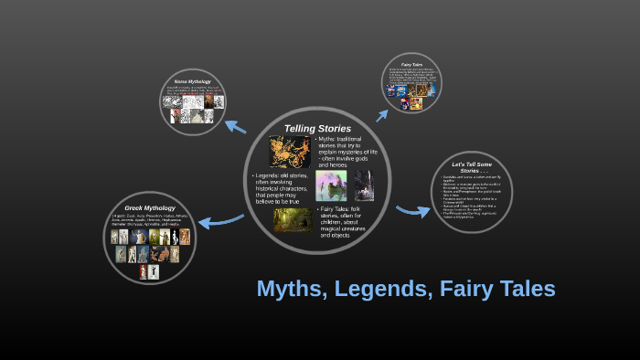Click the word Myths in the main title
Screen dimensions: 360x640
click(291, 289)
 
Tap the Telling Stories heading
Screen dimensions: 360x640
click(317, 128)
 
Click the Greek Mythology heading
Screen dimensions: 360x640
click(149, 208)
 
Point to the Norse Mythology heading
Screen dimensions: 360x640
click(193, 82)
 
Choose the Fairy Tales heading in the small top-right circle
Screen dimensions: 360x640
click(411, 64)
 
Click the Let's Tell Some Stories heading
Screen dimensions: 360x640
click(471, 165)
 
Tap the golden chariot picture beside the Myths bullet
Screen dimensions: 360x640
click(291, 151)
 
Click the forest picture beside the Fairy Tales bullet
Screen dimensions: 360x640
click(293, 220)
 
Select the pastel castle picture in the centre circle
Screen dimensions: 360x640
click(331, 185)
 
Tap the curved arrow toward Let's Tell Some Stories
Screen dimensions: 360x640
click(413, 211)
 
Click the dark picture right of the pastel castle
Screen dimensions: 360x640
click(364, 185)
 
